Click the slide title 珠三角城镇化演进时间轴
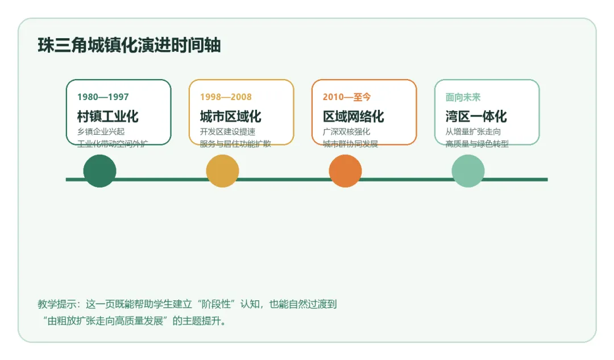pyautogui.click(x=129, y=45)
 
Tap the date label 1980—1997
pyautogui.click(x=103, y=97)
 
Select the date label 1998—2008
pyautogui.click(x=226, y=97)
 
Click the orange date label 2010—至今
pyautogui.click(x=347, y=97)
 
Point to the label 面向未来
pyautogui.click(x=463, y=97)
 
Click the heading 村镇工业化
pyautogui.click(x=108, y=117)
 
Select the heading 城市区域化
pyautogui.click(x=230, y=117)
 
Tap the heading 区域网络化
pyautogui.click(x=354, y=117)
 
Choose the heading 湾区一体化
pyautogui.click(x=476, y=117)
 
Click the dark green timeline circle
pyautogui.click(x=99, y=171)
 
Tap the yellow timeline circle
pyautogui.click(x=222, y=171)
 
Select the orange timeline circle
pyautogui.click(x=345, y=171)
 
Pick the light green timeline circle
pyautogui.click(x=468, y=171)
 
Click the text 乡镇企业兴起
pyautogui.click(x=101, y=132)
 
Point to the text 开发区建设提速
pyautogui.click(x=227, y=132)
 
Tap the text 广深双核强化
pyautogui.click(x=346, y=132)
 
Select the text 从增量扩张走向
pyautogui.click(x=473, y=132)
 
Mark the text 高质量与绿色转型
pyautogui.click(x=477, y=144)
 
